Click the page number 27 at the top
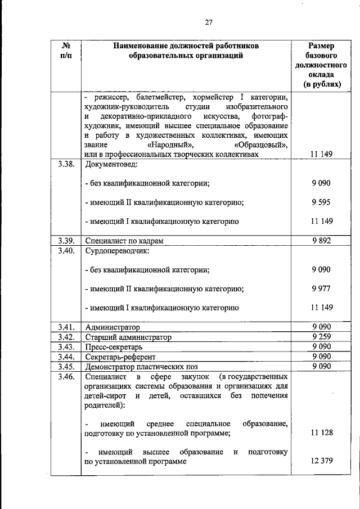click(208, 22)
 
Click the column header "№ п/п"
click(65, 51)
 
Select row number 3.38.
click(65, 165)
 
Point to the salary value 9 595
click(321, 202)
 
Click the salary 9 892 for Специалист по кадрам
click(321, 241)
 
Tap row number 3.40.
click(65, 251)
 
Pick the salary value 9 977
click(321, 289)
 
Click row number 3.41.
click(65, 327)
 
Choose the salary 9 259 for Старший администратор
click(321, 337)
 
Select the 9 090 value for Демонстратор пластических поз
click(321, 367)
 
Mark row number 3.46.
click(65, 377)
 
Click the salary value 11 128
click(321, 433)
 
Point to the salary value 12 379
click(321, 462)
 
